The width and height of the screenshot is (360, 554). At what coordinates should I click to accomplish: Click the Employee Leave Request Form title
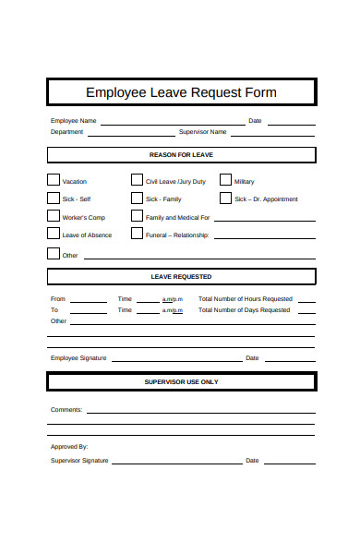click(x=181, y=92)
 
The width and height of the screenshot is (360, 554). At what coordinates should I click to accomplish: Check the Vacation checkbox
click(x=54, y=180)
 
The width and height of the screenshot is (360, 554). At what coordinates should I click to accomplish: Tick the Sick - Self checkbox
click(x=54, y=198)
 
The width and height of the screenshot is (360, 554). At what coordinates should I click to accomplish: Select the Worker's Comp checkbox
click(x=54, y=216)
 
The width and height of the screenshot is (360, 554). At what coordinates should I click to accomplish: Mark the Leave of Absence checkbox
click(x=54, y=235)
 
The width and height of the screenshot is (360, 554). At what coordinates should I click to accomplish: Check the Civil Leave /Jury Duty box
click(x=137, y=180)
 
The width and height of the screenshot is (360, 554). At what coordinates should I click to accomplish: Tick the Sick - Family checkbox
click(x=137, y=198)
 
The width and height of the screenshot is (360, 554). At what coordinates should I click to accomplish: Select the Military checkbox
click(x=225, y=180)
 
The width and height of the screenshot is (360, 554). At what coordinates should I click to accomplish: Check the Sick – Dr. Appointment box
click(x=225, y=198)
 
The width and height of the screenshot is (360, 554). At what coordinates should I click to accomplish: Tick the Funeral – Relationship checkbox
click(x=137, y=235)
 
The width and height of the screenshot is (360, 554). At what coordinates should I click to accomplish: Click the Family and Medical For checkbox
click(x=137, y=216)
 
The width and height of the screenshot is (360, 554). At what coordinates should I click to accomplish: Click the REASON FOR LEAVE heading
click(x=181, y=155)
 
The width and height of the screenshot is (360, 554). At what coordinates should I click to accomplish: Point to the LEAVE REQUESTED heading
click(x=181, y=276)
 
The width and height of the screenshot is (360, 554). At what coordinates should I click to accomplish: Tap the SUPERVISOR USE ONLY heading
click(x=181, y=381)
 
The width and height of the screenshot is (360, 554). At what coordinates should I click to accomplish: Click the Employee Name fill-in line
click(x=173, y=122)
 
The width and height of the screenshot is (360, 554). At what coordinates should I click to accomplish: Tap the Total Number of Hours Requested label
click(x=246, y=299)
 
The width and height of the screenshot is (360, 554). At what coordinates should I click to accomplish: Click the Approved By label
click(x=69, y=446)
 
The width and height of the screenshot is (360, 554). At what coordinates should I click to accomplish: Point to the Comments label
click(x=66, y=409)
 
